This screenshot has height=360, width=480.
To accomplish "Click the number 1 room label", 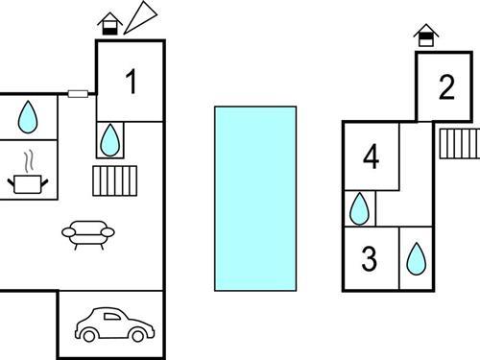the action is pyautogui.click(x=132, y=82).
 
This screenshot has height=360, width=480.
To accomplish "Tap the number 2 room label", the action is pyautogui.click(x=446, y=86).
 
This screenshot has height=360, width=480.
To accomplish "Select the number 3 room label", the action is pyautogui.click(x=369, y=258).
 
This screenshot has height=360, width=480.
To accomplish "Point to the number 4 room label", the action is pyautogui.click(x=372, y=156).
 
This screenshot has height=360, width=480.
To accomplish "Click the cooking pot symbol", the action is pyautogui.click(x=28, y=184).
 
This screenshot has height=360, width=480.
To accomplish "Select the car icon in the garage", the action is pyautogui.click(x=115, y=324).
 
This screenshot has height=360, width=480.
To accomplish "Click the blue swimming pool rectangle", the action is pyautogui.click(x=255, y=199).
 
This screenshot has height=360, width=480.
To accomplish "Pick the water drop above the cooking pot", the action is pyautogui.click(x=28, y=117).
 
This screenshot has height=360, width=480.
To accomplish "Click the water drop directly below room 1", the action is pyautogui.click(x=110, y=140).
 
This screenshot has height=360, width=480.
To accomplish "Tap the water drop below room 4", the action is pyautogui.click(x=359, y=208).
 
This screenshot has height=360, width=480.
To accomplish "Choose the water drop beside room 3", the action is pyautogui.click(x=417, y=259).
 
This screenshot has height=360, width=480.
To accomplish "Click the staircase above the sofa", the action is pyautogui.click(x=115, y=180).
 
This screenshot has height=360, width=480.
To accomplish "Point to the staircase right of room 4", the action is pyautogui.click(x=460, y=144).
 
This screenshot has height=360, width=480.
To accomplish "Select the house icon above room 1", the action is pyautogui.click(x=110, y=24).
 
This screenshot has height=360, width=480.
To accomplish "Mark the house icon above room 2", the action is pyautogui.click(x=426, y=36).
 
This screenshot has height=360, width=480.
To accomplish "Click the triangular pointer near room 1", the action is pyautogui.click(x=141, y=17).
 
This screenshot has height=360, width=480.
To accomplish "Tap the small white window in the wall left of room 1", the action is pyautogui.click(x=78, y=94).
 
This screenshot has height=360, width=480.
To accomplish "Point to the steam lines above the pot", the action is pyautogui.click(x=29, y=161).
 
